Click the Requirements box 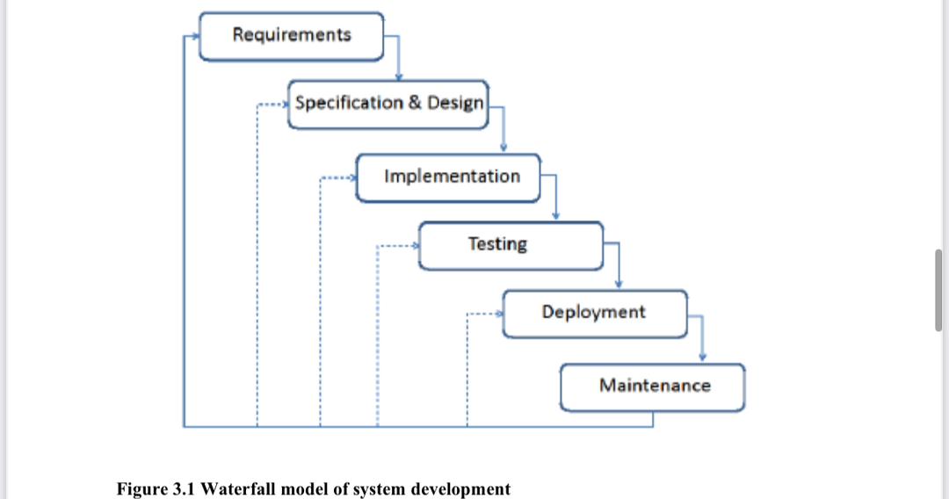point(292,36)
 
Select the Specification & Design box point(388,104)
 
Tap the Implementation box point(448,177)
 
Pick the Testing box point(511,244)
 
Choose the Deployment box point(595,313)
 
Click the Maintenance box point(653,386)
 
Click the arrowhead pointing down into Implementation point(503,148)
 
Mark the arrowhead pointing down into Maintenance point(702,357)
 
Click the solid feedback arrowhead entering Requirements point(196,37)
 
